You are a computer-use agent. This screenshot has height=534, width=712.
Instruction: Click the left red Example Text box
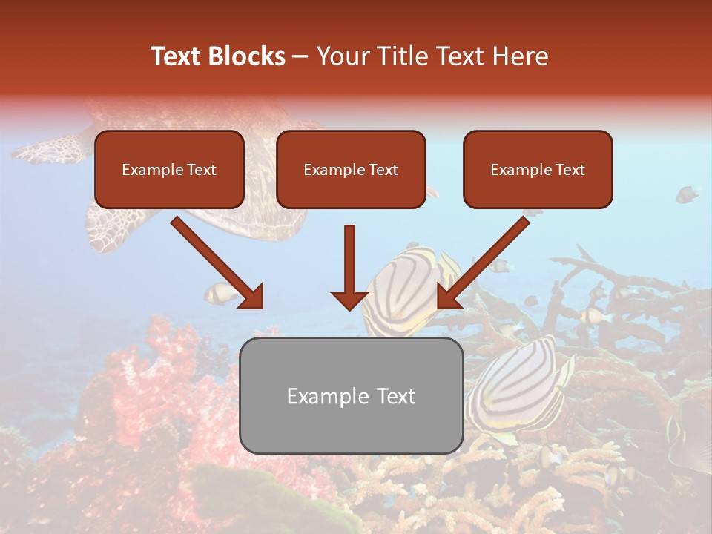coord(169,169)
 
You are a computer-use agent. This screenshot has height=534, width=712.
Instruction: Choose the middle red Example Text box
coord(351,169)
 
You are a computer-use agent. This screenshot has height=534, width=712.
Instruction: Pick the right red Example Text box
coord(538,169)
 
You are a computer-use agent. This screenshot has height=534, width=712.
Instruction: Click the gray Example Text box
coord(352,395)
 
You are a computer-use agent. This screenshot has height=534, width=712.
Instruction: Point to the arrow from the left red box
coord(217,262)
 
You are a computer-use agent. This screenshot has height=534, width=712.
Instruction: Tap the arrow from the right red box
coord(484,262)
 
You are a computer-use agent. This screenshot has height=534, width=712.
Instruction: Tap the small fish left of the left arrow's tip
coord(220,294)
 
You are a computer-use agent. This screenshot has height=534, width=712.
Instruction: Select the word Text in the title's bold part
coord(177,56)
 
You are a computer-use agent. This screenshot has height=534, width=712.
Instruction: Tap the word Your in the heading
coord(339,56)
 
